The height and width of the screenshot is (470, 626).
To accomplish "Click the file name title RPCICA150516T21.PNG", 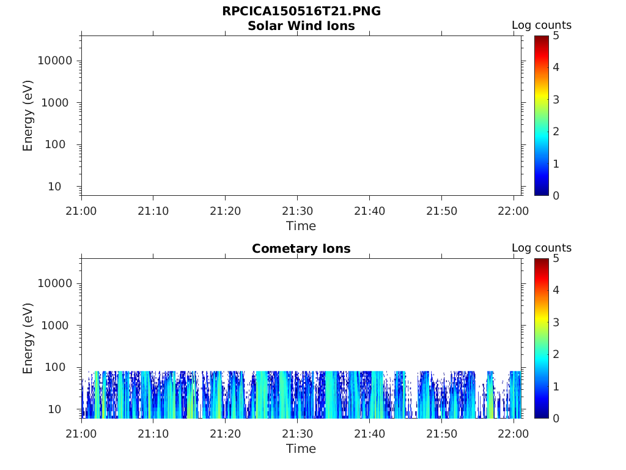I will point(301,12).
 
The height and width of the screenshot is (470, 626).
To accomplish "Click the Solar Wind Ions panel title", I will point(301,26).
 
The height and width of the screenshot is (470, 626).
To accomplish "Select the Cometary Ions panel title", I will point(301,248).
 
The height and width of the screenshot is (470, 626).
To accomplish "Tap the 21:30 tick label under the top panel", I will point(297,211).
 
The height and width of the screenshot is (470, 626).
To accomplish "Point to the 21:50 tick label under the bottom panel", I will point(441,434).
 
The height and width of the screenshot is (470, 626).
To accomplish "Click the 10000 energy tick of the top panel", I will point(56,61).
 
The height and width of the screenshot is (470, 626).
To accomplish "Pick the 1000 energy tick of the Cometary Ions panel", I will point(59,326).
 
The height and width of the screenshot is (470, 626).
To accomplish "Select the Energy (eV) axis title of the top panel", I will point(28,115).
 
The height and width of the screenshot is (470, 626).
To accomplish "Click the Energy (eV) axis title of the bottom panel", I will point(28,338).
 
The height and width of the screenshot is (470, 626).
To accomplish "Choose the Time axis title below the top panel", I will point(301,226).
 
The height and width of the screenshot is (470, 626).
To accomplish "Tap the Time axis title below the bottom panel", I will point(301,449).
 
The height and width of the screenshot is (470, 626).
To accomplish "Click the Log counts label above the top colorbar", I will point(541,25).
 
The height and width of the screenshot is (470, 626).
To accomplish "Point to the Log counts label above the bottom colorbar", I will point(541,248).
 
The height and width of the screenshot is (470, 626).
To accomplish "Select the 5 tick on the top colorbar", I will point(556,35).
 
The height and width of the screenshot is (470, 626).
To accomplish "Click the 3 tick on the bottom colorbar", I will point(556,322).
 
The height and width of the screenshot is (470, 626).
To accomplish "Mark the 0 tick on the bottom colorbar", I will point(556,418).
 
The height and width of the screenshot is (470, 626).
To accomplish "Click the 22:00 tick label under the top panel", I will point(514,211).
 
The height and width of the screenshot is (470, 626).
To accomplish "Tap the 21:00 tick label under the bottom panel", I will point(81,434).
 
